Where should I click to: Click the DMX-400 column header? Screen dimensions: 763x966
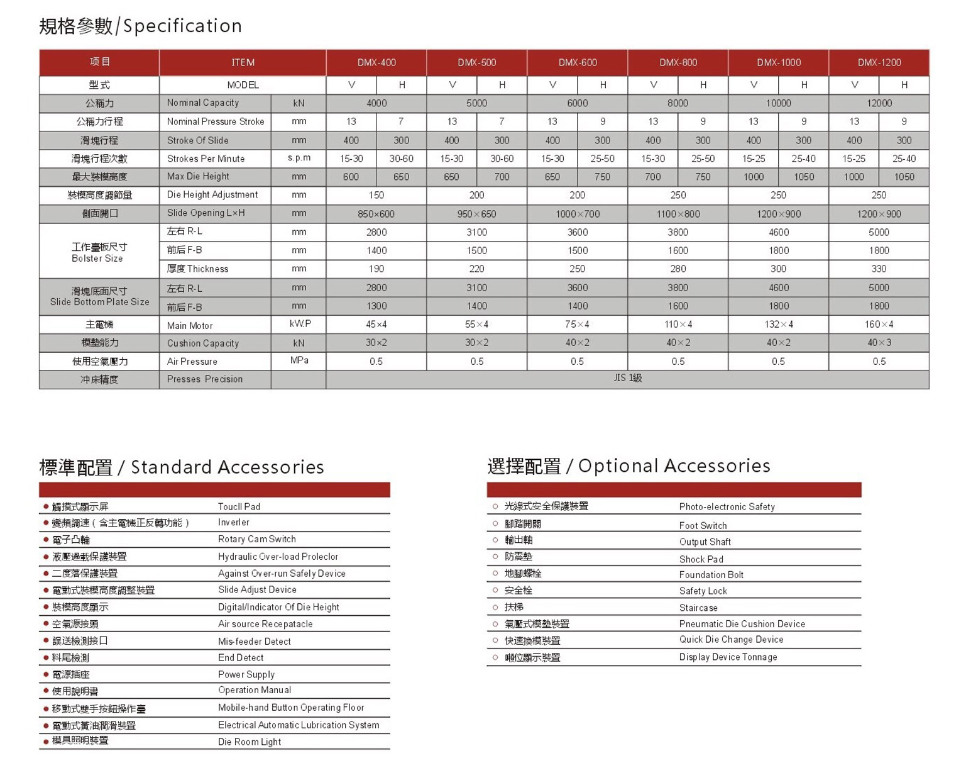click(376, 62)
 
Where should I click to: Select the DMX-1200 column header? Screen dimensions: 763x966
click(879, 62)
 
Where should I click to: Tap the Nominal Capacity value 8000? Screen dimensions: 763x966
click(678, 103)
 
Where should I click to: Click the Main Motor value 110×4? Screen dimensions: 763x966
click(678, 325)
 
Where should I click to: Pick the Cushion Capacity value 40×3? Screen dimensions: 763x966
click(879, 343)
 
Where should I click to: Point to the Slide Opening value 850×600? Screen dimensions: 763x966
click(376, 214)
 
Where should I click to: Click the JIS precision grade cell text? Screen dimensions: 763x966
click(627, 378)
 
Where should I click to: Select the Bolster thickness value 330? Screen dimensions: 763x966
click(879, 269)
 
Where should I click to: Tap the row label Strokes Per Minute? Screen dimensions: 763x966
click(206, 159)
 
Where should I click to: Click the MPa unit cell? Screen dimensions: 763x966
click(299, 360)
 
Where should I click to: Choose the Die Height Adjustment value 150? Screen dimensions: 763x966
click(376, 196)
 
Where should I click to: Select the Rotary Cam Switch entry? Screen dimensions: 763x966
click(256, 539)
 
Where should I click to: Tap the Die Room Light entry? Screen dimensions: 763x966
click(249, 742)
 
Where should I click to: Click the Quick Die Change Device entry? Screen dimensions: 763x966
click(731, 640)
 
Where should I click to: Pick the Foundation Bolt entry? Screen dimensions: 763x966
click(711, 575)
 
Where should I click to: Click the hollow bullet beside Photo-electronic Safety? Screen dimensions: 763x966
click(495, 506)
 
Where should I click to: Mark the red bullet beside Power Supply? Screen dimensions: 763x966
click(46, 674)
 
